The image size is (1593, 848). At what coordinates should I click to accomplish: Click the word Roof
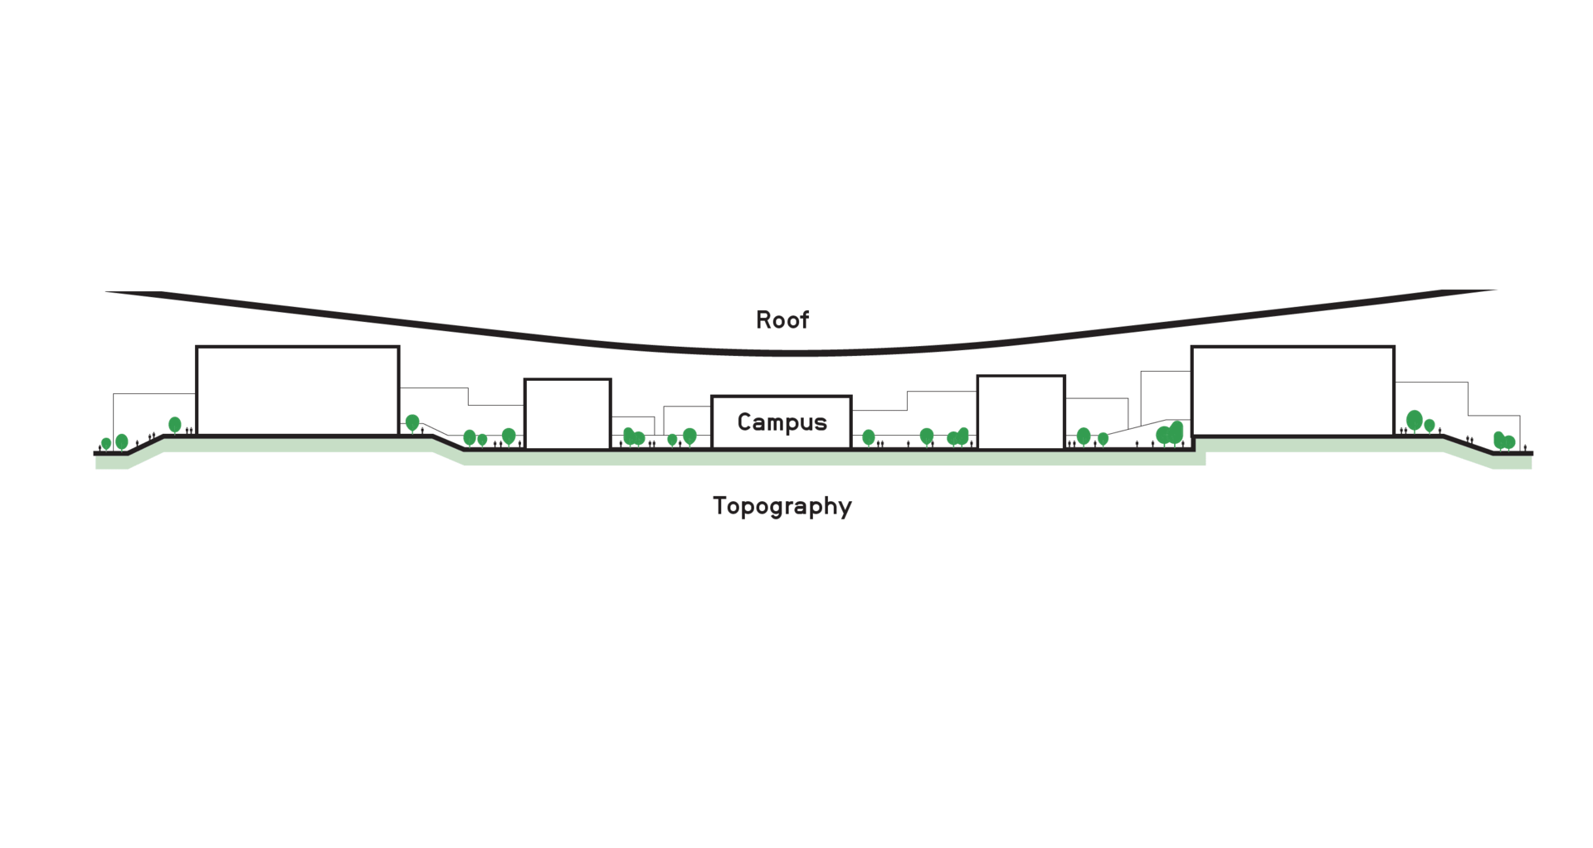tap(782, 320)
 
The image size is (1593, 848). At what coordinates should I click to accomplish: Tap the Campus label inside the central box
tap(782, 422)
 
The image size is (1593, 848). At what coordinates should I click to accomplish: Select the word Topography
tap(782, 506)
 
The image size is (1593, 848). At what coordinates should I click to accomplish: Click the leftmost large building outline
tap(297, 390)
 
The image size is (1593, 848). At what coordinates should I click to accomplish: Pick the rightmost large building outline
tap(1292, 391)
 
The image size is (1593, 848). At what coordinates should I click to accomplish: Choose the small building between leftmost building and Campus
tap(568, 414)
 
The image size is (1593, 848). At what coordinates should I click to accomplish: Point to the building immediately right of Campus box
tap(1021, 412)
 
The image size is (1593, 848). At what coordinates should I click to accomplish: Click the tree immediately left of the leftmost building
tap(175, 425)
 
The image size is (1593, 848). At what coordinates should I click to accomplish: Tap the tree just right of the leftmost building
tap(412, 422)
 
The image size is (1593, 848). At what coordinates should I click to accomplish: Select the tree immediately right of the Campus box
tap(869, 436)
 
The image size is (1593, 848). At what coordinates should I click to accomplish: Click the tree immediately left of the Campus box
tap(689, 436)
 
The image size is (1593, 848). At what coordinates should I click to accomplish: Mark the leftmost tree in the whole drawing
tap(106, 443)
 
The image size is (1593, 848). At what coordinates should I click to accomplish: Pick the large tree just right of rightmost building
tap(1415, 420)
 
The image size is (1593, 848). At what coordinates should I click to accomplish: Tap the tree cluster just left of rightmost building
tap(1171, 433)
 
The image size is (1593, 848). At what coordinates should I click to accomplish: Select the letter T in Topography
tap(719, 505)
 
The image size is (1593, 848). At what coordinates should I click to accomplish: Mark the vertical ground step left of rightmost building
tap(1193, 443)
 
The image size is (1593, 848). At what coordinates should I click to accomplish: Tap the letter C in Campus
tap(744, 422)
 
